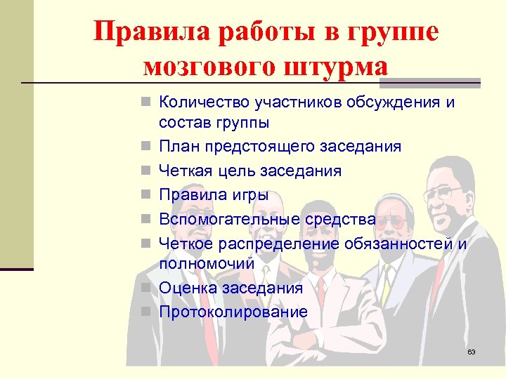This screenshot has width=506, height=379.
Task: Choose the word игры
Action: tap(243, 195)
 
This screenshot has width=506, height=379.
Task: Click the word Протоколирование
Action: tap(233, 311)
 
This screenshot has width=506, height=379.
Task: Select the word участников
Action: tap(299, 102)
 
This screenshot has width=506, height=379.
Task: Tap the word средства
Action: tap(340, 219)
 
